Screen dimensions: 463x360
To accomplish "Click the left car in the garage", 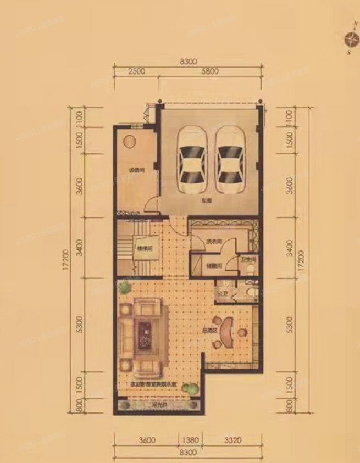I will (190, 160).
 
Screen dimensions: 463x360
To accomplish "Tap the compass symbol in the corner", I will (350, 38).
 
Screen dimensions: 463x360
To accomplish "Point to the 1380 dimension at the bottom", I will (189, 439).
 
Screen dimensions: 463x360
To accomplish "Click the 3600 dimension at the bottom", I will (147, 439).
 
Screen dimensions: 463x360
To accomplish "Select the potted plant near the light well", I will (190, 388).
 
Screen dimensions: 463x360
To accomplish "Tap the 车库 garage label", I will (206, 202).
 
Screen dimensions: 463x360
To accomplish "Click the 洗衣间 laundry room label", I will (213, 242).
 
